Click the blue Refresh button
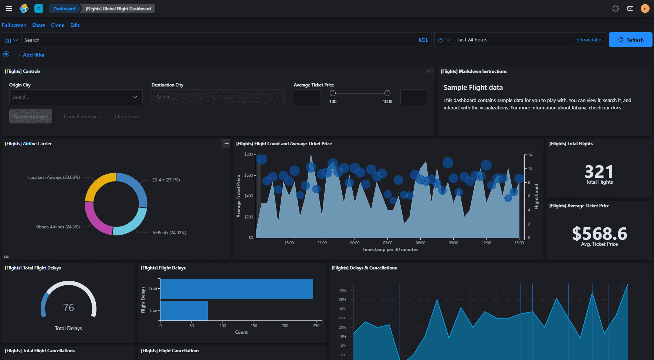(x=630, y=40)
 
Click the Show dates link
(x=589, y=40)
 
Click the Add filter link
(x=34, y=55)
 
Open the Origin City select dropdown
(x=76, y=97)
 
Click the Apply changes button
(x=31, y=116)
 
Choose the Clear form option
(x=127, y=116)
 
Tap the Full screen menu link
(x=14, y=25)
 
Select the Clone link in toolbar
(x=58, y=25)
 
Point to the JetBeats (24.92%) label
(x=169, y=233)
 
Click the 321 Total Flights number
(x=599, y=171)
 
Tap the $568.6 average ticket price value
(x=599, y=234)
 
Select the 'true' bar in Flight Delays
(x=184, y=310)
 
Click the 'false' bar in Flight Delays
(x=237, y=288)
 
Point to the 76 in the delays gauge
(x=68, y=308)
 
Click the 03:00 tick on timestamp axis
(x=387, y=243)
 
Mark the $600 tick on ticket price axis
(x=248, y=175)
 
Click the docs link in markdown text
(x=616, y=108)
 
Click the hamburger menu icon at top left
(x=9, y=9)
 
